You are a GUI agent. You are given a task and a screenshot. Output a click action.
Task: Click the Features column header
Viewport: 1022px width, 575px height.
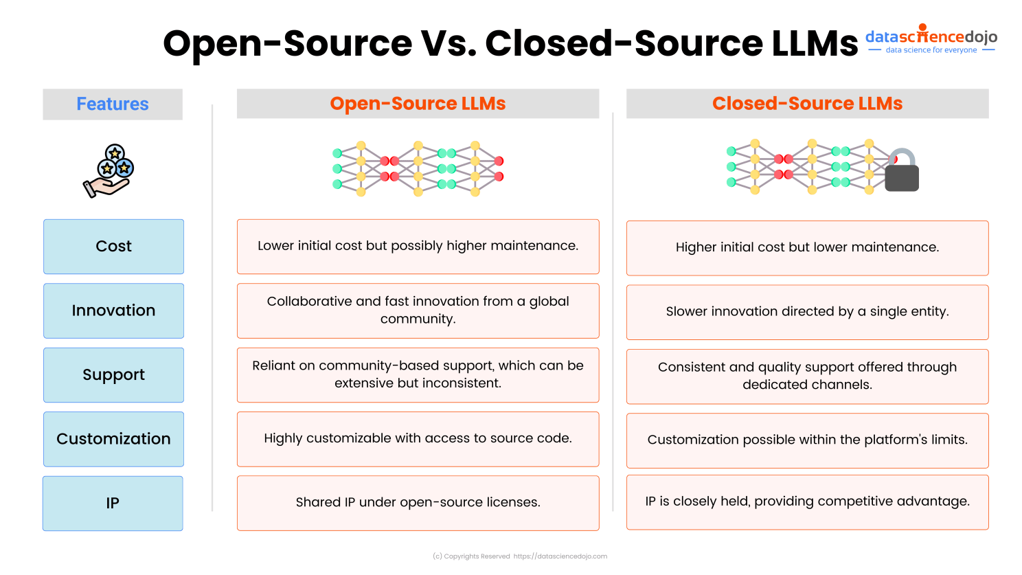click(x=113, y=104)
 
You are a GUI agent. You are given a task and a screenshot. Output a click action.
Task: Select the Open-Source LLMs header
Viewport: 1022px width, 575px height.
click(x=418, y=104)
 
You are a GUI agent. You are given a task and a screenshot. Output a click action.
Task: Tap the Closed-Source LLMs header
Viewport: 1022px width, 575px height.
click(x=807, y=104)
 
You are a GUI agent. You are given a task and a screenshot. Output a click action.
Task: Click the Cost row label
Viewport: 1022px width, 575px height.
click(x=113, y=247)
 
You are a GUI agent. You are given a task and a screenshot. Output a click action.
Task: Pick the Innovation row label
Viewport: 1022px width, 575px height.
click(x=113, y=311)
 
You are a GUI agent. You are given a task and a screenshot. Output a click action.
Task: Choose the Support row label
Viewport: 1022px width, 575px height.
click(x=113, y=375)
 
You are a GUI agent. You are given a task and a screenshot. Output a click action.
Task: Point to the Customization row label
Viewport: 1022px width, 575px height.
click(x=113, y=439)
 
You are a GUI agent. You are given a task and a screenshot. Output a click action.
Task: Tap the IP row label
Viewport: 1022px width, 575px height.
click(x=113, y=504)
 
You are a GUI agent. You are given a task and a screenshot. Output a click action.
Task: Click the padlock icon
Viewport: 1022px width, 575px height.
click(x=902, y=170)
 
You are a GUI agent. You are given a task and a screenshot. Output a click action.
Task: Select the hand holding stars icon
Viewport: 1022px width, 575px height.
click(x=109, y=171)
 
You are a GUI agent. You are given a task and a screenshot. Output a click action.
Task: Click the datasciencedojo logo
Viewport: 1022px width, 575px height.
click(x=931, y=40)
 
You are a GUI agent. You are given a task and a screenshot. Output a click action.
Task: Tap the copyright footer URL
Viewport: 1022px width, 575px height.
click(x=560, y=556)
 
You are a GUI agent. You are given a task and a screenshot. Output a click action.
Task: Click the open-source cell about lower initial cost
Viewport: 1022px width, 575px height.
click(x=418, y=246)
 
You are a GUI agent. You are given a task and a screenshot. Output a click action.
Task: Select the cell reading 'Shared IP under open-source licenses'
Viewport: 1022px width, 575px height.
click(x=418, y=503)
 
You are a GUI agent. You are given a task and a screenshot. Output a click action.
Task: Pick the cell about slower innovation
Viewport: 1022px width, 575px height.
click(x=807, y=312)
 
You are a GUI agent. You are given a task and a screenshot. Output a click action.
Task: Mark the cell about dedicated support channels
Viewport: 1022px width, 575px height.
click(x=807, y=376)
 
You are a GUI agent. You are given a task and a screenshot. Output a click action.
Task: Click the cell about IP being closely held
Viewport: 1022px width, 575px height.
click(x=807, y=501)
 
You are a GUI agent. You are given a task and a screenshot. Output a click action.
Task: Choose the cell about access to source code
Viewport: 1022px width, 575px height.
click(x=418, y=439)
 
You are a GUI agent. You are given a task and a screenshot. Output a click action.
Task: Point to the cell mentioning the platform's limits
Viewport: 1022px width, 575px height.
click(x=807, y=440)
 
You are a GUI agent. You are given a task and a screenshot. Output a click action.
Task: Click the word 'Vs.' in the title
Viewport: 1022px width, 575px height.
click(x=449, y=43)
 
